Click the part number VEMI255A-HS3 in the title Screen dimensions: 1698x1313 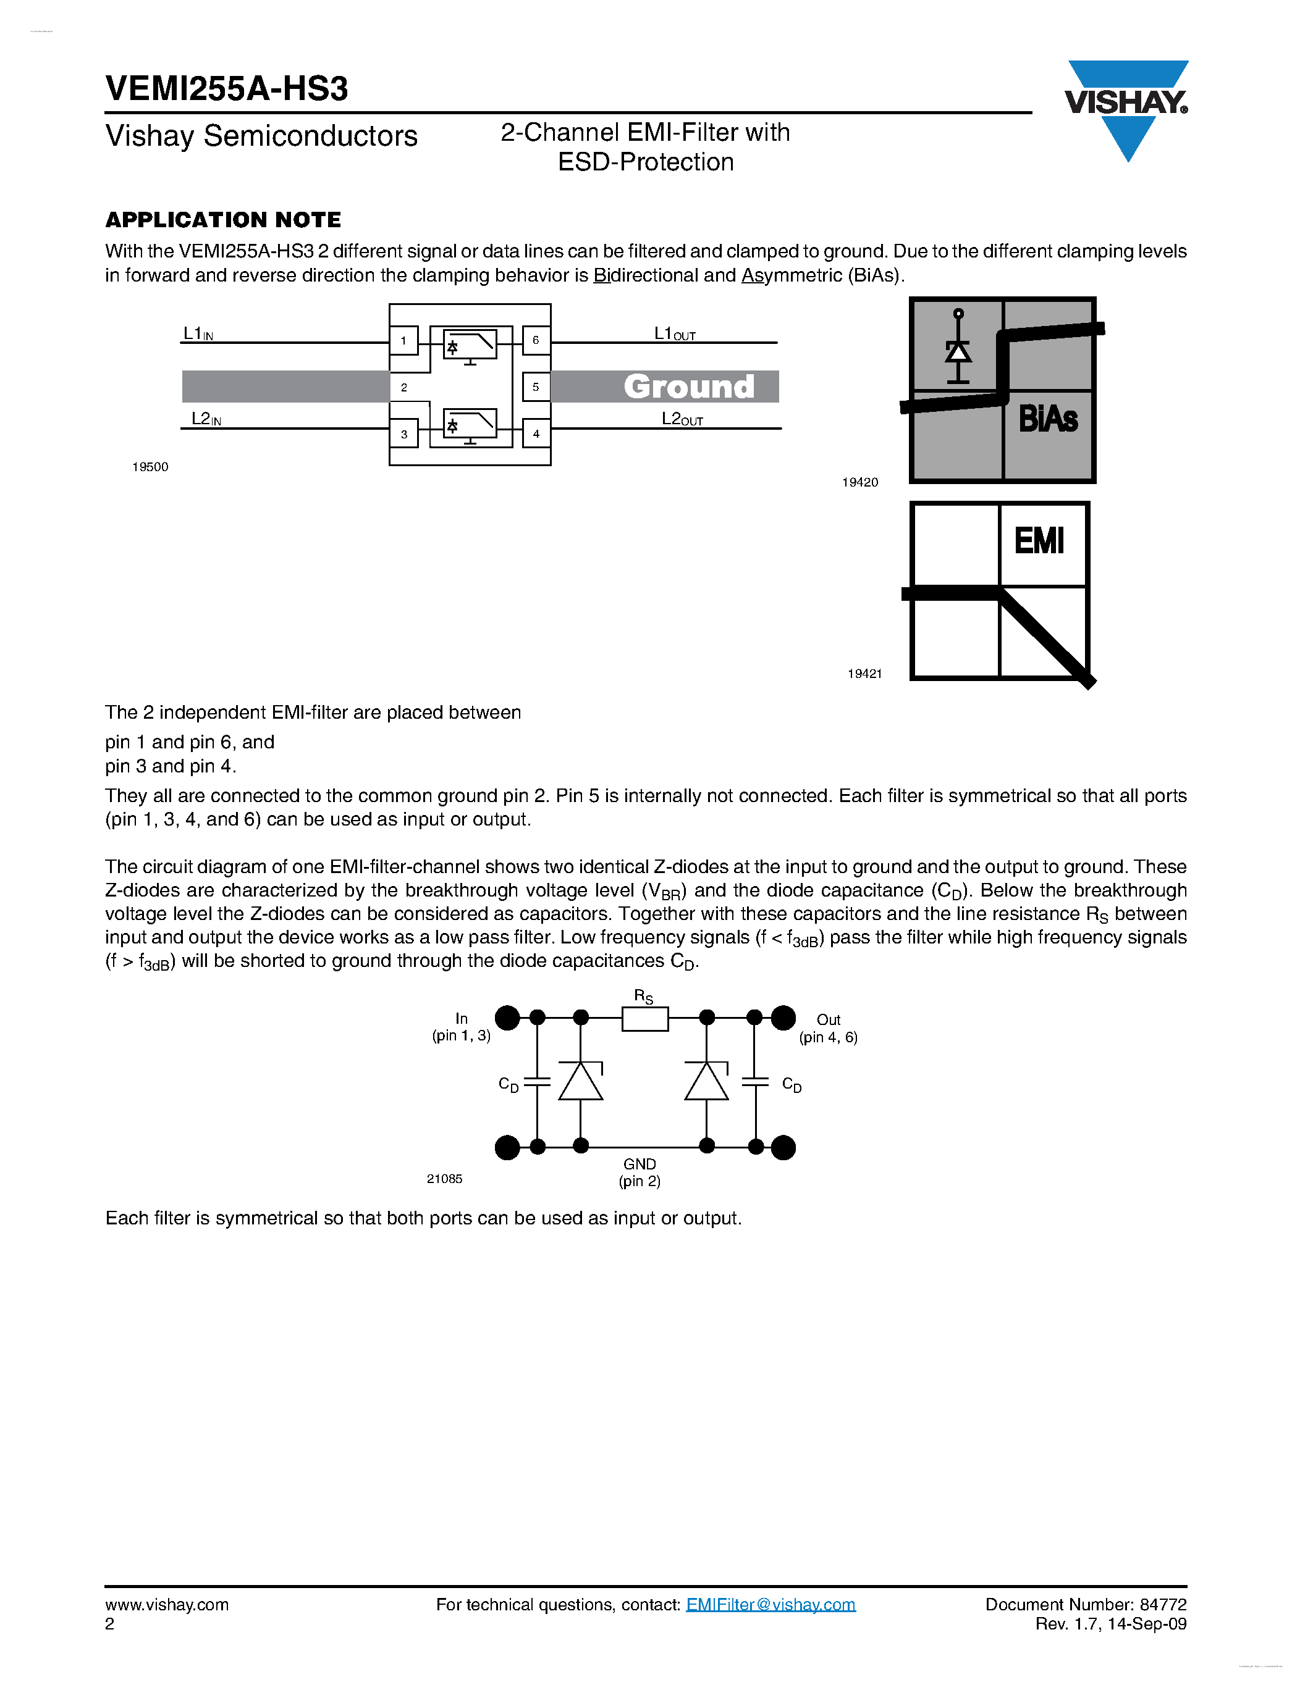(x=226, y=89)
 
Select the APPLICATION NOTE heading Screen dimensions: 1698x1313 (x=223, y=220)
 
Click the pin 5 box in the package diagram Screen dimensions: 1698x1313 (x=535, y=387)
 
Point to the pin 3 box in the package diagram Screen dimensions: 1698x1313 (x=403, y=434)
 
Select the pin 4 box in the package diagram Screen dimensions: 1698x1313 (x=535, y=434)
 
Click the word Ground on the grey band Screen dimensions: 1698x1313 (x=688, y=387)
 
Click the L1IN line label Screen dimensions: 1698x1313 (x=198, y=333)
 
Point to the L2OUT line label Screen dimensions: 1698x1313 (x=682, y=419)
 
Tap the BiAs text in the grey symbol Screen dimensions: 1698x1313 (x=1048, y=419)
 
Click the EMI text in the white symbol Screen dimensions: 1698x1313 (x=1039, y=540)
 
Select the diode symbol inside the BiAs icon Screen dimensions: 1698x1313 (x=958, y=350)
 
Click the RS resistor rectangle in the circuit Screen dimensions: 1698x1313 (x=645, y=1018)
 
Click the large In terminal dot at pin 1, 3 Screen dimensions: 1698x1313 (x=507, y=1018)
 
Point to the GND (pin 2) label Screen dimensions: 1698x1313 (x=640, y=1173)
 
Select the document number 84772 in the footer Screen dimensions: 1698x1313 (x=1163, y=1605)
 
